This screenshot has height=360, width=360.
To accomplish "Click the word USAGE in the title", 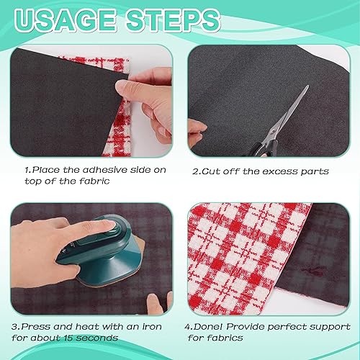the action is click(66, 21).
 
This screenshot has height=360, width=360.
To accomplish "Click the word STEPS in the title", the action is click(174, 21).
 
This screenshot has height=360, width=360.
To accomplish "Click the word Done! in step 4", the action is click(208, 327).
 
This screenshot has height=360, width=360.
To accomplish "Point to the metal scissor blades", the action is click(289, 113).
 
